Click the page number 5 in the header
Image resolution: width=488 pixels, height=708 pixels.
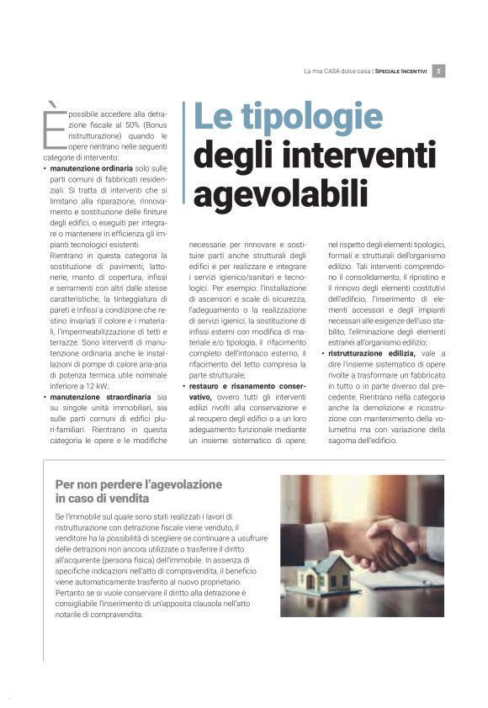point(441,71)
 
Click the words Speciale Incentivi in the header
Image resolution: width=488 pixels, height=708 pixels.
point(402,71)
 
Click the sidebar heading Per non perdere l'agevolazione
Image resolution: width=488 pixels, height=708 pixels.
point(138,484)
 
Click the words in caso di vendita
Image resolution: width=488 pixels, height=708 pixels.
point(90,499)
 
